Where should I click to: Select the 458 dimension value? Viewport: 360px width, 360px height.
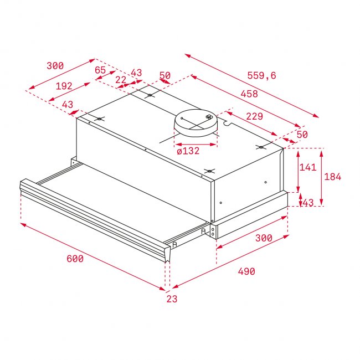pyautogui.click(x=249, y=94)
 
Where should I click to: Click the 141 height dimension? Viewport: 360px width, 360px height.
pyautogui.click(x=307, y=167)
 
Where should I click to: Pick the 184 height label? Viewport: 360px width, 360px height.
pyautogui.click(x=332, y=177)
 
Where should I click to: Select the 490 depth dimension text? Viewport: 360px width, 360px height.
pyautogui.click(x=246, y=271)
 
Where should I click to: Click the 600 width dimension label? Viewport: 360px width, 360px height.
pyautogui.click(x=75, y=259)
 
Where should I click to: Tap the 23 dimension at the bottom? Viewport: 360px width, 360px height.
pyautogui.click(x=172, y=299)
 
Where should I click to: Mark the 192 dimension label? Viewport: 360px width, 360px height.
pyautogui.click(x=64, y=86)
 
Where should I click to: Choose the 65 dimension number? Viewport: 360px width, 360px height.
pyautogui.click(x=100, y=70)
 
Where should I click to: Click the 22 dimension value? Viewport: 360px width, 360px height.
pyautogui.click(x=121, y=80)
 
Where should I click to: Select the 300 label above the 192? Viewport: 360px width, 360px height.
pyautogui.click(x=55, y=66)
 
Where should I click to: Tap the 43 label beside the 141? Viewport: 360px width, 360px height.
pyautogui.click(x=308, y=203)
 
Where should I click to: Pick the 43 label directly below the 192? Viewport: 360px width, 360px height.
pyautogui.click(x=67, y=105)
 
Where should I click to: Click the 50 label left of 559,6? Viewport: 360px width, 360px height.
pyautogui.click(x=164, y=75)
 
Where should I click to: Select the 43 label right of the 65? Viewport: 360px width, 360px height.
pyautogui.click(x=136, y=73)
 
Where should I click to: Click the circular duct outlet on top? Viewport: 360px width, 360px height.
pyautogui.click(x=197, y=123)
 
